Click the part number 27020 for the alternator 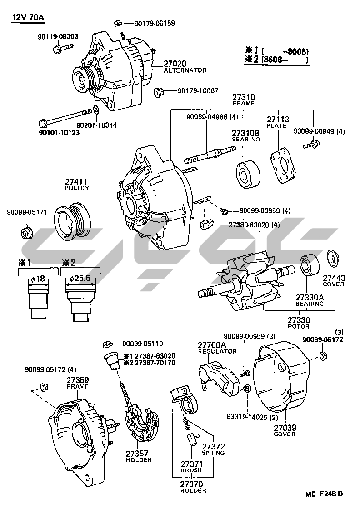point(175,64)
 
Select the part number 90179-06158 point(155,23)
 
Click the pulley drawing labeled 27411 point(73,221)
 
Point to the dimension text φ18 point(38,279)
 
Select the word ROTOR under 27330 point(298,326)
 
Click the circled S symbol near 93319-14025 point(247,389)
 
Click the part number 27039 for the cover point(285,428)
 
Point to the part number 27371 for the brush point(190,464)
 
